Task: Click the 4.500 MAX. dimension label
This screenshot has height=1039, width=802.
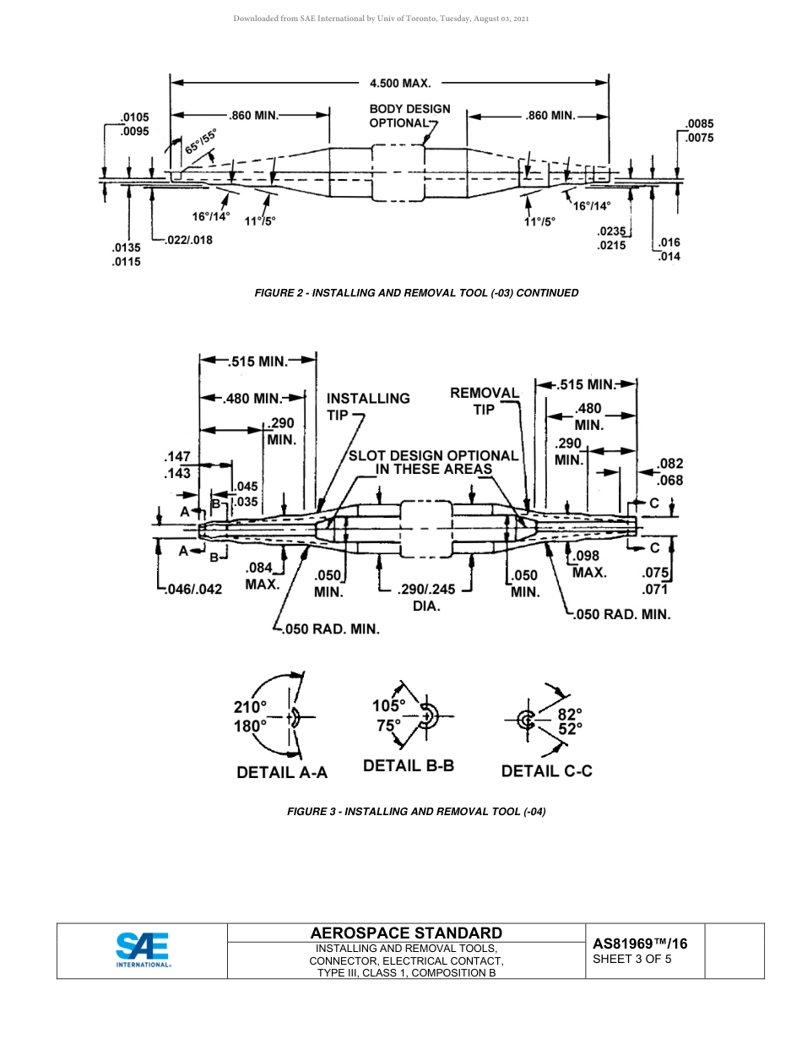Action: tap(399, 84)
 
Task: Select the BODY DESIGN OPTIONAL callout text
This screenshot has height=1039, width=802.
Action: tap(409, 116)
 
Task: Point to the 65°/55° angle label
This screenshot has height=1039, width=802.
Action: tap(201, 140)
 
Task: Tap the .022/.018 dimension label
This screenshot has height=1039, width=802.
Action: tap(187, 240)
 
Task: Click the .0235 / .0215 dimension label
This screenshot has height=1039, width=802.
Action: tap(612, 237)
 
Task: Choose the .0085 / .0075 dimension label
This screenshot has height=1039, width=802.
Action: tap(699, 131)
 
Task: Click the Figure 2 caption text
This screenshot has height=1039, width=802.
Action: tap(416, 293)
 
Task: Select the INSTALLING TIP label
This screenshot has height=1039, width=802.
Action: tap(368, 405)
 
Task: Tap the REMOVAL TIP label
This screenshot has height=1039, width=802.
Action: tap(484, 400)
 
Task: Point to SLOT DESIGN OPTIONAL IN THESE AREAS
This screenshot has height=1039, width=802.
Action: tap(433, 462)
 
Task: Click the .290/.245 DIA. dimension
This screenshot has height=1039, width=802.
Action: tap(425, 597)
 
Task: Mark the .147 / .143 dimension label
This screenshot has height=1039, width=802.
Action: tap(177, 465)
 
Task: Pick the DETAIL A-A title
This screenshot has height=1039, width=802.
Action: tap(281, 772)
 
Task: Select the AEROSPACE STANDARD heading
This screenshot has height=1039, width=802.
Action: tap(406, 933)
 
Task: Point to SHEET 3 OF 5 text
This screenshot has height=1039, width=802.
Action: tap(632, 959)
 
